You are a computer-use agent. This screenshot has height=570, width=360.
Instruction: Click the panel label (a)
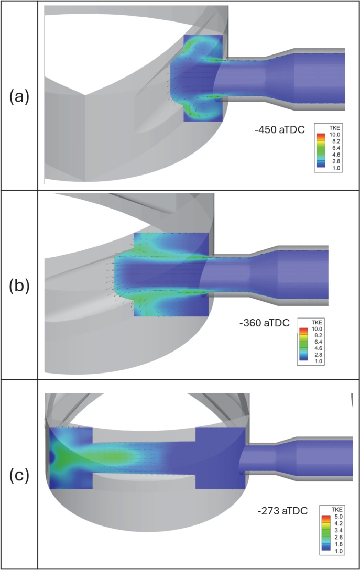[18, 97]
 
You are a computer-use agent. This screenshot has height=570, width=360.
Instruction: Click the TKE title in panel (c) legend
[333, 509]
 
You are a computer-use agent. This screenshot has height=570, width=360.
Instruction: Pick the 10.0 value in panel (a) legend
[334, 134]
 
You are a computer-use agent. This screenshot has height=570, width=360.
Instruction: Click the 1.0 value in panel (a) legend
[334, 169]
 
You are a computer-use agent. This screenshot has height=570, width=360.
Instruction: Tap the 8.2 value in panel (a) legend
[334, 141]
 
